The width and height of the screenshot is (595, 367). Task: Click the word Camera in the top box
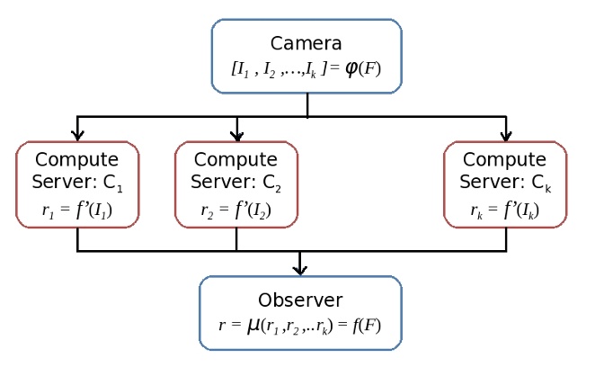(x=306, y=43)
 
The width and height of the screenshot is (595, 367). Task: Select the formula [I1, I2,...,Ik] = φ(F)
(x=306, y=68)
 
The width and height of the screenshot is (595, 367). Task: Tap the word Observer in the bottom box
(x=300, y=300)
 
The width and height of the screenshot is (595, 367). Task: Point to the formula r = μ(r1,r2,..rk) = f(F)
(x=300, y=326)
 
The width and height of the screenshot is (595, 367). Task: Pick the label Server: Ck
(x=505, y=183)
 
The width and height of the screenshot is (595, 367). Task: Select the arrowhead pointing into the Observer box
(x=300, y=269)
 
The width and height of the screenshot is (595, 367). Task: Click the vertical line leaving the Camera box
(x=307, y=104)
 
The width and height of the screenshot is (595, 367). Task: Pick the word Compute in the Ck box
(x=505, y=160)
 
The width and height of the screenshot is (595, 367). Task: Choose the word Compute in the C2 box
(x=235, y=160)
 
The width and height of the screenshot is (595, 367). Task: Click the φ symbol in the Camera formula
(x=351, y=68)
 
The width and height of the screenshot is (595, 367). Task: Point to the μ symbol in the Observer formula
(x=253, y=326)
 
